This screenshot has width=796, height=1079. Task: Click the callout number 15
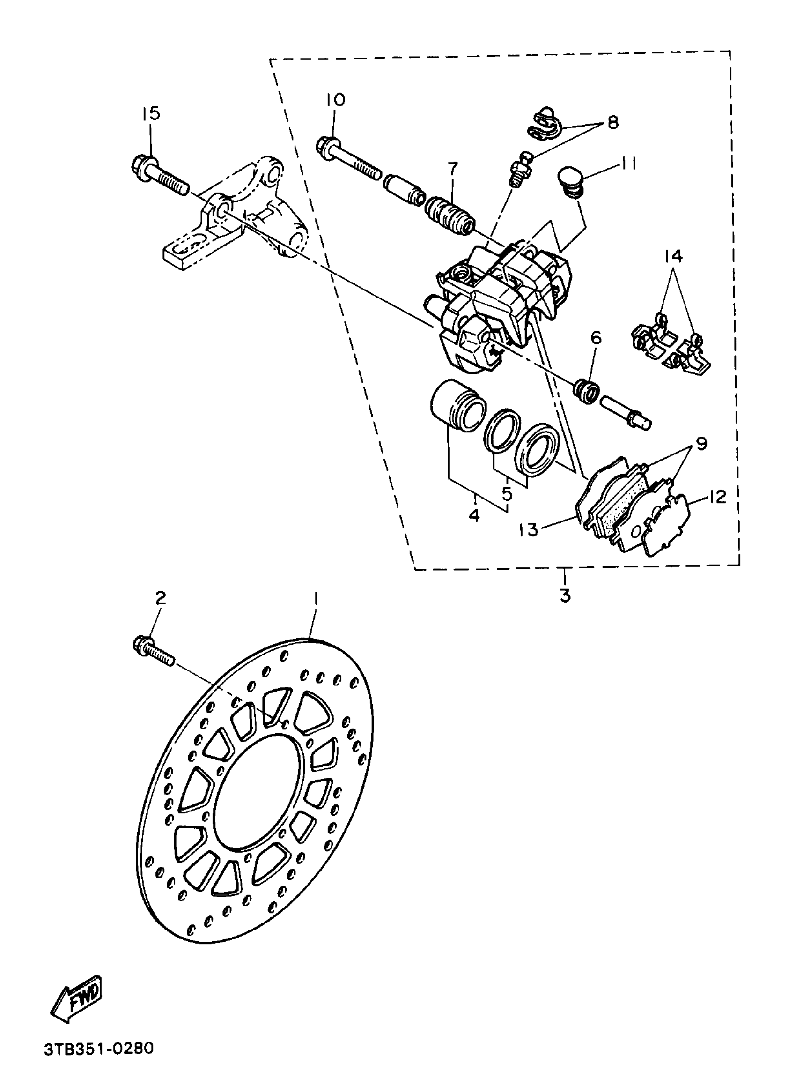150,114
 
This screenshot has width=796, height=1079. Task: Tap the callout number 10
336,100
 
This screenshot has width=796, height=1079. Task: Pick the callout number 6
596,338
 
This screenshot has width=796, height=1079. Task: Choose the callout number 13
529,530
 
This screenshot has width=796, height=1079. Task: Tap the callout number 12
717,497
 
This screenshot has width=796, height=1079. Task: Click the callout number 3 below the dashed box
565,595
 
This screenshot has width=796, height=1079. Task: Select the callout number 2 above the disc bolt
161,598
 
